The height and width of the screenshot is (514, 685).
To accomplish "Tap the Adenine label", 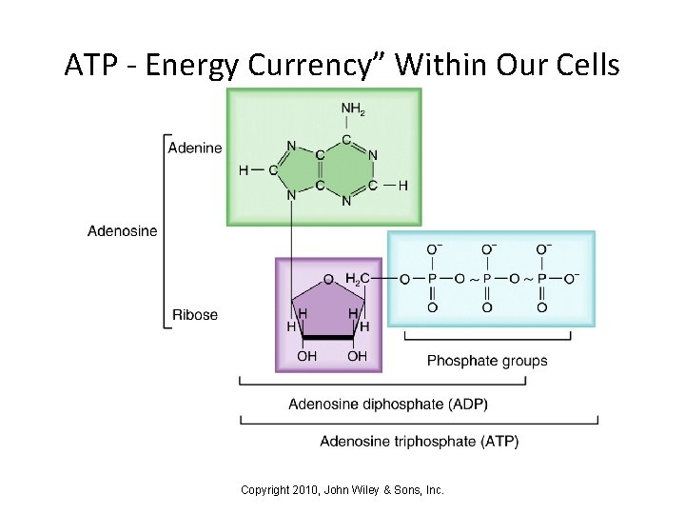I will [195, 148].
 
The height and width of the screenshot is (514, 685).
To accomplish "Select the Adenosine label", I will [124, 229].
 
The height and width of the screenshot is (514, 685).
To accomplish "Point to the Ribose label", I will [194, 315].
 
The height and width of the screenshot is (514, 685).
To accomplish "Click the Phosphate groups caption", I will [487, 361].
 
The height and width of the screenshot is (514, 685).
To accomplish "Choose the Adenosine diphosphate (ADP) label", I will [388, 403].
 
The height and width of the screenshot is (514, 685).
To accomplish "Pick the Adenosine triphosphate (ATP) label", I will [420, 441].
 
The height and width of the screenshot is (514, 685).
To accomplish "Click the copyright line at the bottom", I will [342, 490].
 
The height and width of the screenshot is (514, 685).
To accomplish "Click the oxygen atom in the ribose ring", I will [328, 279].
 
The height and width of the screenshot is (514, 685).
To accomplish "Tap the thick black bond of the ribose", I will [327, 337].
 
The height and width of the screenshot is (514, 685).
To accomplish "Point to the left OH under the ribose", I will [307, 356].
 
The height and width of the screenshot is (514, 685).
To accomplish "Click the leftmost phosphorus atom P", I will [433, 278].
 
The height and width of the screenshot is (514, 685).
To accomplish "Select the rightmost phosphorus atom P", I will [542, 278].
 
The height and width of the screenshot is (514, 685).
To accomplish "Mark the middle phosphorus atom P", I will [487, 278].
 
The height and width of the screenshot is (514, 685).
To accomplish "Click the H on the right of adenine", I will [402, 185].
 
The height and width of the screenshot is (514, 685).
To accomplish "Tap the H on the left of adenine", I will [244, 170].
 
